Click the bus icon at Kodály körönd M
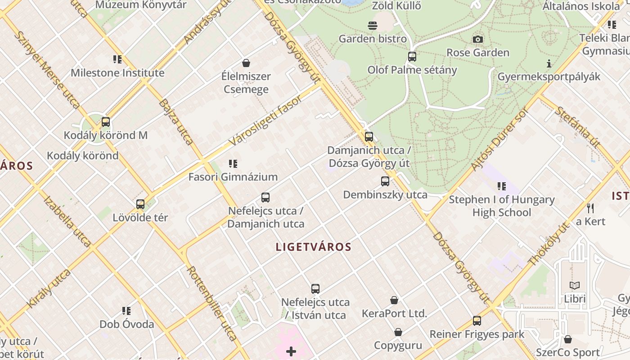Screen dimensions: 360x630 [106, 122]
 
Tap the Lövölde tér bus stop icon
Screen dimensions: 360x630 [140, 204]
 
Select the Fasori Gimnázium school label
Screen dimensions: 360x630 [233, 177]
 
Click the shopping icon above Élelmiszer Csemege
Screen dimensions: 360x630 [246, 63]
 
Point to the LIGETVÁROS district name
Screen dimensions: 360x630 [313, 247]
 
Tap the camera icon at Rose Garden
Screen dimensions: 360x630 [478, 40]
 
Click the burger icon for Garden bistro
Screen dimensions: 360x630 [373, 26]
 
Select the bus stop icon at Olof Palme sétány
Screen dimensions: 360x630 [412, 57]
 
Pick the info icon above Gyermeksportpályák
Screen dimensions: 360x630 [549, 63]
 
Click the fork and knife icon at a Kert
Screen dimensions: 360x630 [590, 208]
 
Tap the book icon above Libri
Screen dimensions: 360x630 [575, 285]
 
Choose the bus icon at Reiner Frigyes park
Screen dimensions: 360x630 [477, 321]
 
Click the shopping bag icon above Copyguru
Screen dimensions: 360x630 [398, 333]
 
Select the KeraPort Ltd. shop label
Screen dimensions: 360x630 [394, 313]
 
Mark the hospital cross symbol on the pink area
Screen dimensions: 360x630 [291, 351]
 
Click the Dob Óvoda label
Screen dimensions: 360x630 [126, 324]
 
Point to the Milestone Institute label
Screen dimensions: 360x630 [117, 72]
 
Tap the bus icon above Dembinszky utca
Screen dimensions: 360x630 [385, 181]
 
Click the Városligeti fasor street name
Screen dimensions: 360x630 [265, 121]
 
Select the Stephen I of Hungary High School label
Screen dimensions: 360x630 [501, 206]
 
